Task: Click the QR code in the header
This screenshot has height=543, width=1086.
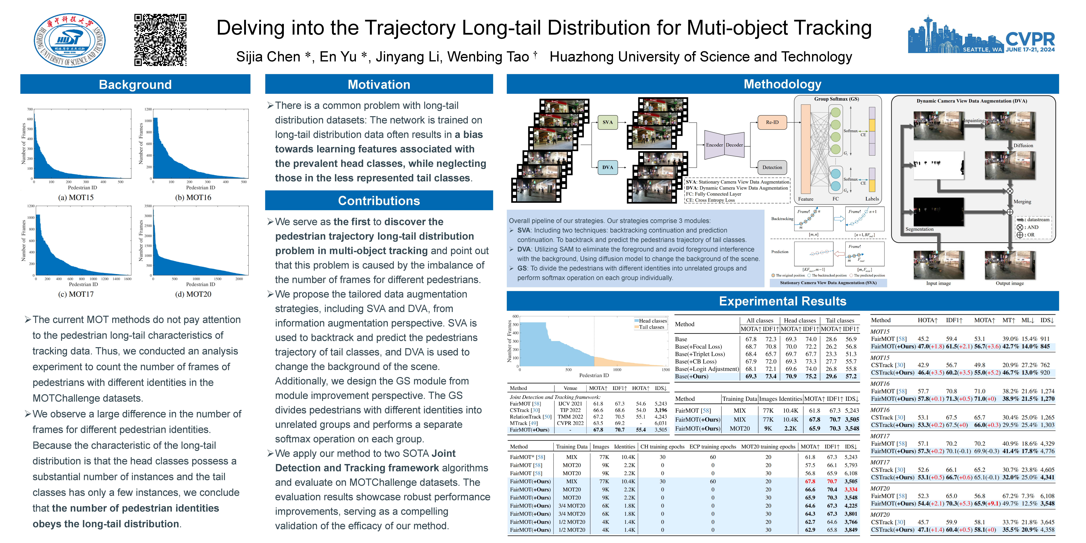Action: coord(160,40)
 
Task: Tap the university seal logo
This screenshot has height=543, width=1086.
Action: coord(70,40)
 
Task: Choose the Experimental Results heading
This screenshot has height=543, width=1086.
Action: coord(782,301)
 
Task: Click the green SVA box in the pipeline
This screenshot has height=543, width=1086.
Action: coord(607,122)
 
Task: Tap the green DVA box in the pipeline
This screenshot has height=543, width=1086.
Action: coord(607,167)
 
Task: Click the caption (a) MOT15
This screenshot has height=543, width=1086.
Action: coord(76,197)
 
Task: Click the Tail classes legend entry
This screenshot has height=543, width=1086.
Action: coord(651,327)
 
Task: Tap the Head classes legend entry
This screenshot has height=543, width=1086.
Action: coord(653,321)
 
